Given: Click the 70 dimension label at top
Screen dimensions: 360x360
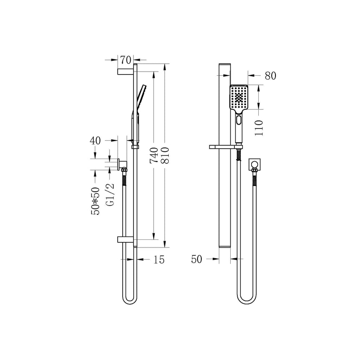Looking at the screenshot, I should click(x=126, y=59).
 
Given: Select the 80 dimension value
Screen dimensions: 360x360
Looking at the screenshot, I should click(x=270, y=76).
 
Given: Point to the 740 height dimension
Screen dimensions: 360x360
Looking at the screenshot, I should click(x=154, y=155).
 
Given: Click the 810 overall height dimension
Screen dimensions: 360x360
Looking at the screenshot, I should click(x=165, y=155).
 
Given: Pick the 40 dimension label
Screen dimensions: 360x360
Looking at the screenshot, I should click(x=95, y=140).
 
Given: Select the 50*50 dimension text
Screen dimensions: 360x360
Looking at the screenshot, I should click(x=96, y=201).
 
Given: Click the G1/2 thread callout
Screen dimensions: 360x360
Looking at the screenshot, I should click(x=110, y=195).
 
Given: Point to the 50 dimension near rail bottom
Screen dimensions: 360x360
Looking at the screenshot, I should click(x=197, y=260).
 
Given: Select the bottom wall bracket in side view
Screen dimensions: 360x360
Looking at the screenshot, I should click(x=125, y=239).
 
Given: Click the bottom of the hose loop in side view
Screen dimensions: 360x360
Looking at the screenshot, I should click(x=129, y=303).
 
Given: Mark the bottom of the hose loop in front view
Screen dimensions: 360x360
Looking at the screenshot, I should click(x=246, y=303).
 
